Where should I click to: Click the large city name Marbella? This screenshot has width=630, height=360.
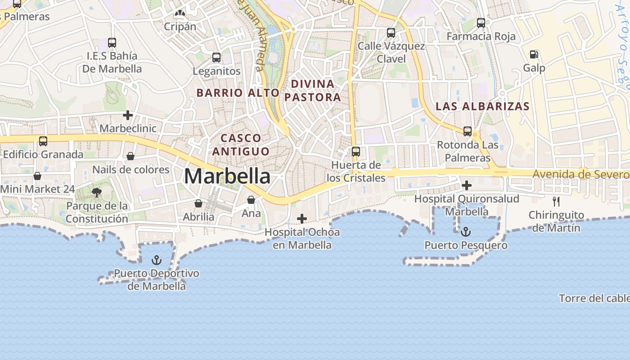[227, 176]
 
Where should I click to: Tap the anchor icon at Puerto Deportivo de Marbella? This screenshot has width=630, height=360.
[156, 260]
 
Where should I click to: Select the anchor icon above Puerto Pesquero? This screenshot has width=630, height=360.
[466, 232]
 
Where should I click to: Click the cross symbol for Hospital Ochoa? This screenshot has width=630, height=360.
[302, 219]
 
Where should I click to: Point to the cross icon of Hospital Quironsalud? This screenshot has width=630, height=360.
[467, 185]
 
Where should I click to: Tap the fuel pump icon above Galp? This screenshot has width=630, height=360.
[534, 54]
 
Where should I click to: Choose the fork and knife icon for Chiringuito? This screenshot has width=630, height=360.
[556, 201]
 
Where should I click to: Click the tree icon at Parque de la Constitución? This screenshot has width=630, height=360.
[96, 193]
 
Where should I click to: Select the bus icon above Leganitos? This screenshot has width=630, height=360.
[216, 58]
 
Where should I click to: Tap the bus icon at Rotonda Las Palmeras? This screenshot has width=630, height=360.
[468, 131]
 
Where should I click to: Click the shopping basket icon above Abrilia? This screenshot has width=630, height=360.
[198, 203]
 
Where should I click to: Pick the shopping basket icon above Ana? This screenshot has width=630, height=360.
[251, 200]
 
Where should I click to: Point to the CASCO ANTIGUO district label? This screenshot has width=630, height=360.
[241, 144]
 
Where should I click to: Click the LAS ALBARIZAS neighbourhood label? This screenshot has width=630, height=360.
[482, 107]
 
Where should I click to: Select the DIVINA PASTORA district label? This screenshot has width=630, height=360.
[313, 90]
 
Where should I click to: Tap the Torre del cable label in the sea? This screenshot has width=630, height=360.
[594, 298]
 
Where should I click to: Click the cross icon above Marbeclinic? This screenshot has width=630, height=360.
[128, 115]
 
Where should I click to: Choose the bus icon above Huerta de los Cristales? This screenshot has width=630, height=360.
[356, 152]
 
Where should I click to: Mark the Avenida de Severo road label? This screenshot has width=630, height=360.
[580, 174]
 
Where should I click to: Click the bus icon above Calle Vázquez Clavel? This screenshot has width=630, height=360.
[391, 33]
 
